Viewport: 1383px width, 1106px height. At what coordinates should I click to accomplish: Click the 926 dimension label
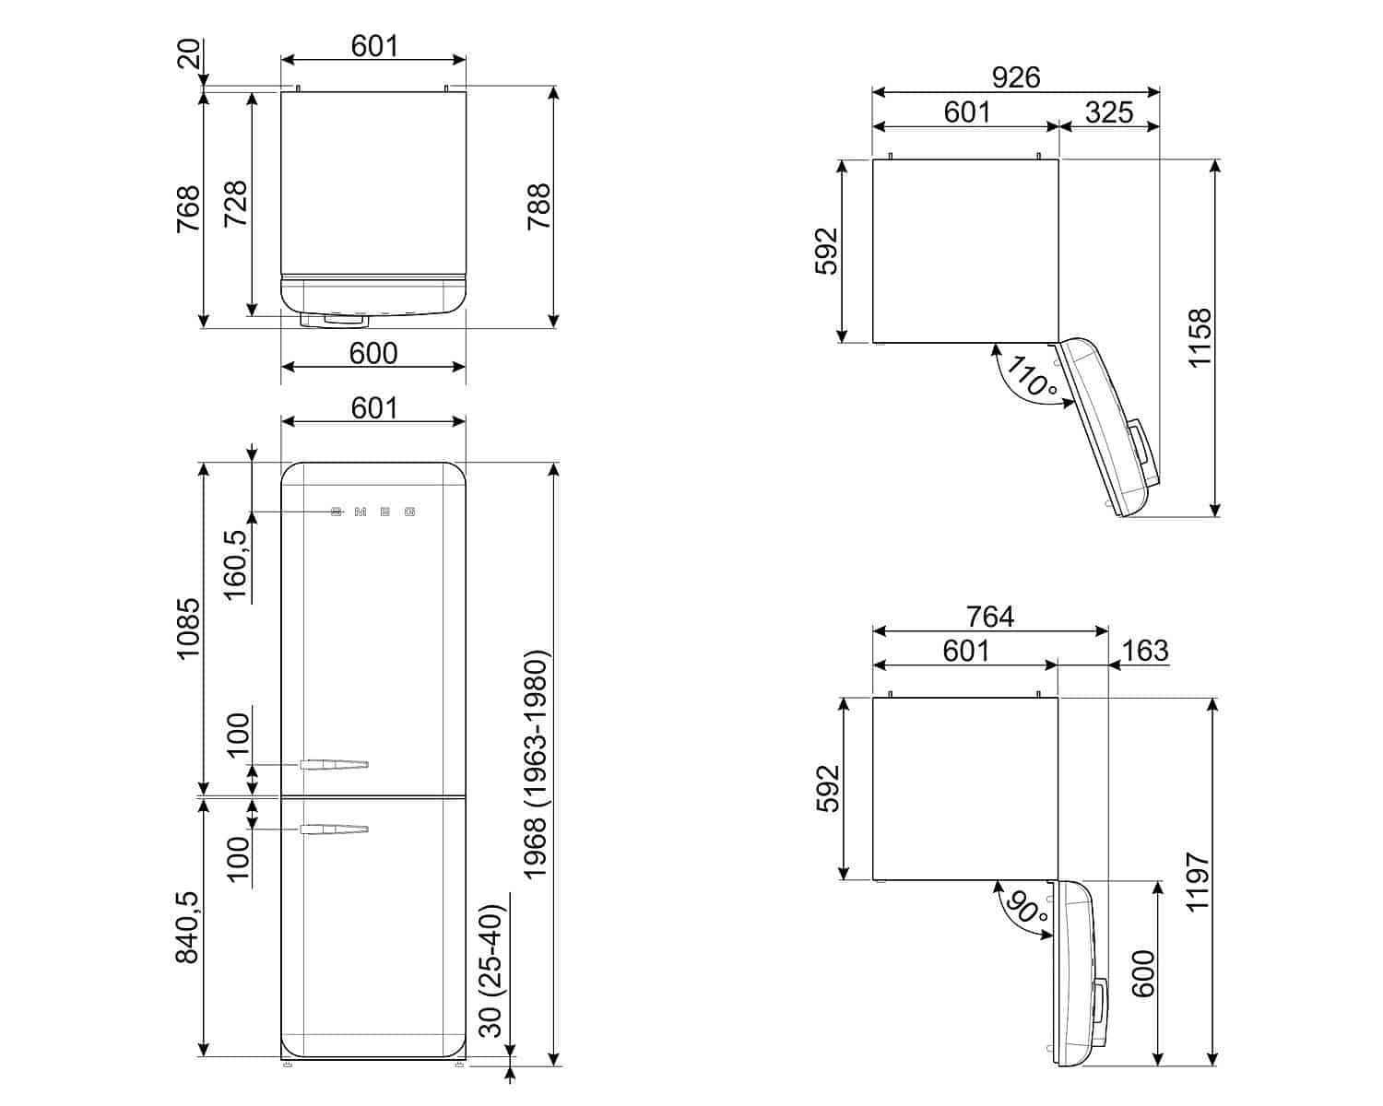[1015, 77]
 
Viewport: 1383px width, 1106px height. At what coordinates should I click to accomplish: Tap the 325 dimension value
[1109, 112]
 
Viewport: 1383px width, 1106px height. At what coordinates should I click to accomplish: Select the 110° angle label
[1032, 377]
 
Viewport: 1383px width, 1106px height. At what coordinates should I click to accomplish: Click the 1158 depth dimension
[1200, 338]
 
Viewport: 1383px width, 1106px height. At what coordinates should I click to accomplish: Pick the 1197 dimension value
[1199, 882]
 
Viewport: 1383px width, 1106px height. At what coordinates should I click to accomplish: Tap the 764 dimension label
[990, 617]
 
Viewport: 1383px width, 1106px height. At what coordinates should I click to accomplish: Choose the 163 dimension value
[1145, 651]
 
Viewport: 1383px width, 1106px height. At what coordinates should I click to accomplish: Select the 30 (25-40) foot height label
[491, 971]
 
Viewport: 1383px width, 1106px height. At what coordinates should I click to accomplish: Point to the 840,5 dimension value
[188, 927]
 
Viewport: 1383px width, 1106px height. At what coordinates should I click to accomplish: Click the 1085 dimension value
[189, 629]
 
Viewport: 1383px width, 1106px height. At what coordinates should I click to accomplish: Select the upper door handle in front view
[334, 765]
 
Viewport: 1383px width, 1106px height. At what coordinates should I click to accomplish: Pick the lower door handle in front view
[334, 829]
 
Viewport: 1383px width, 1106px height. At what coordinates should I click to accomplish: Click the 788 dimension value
[539, 207]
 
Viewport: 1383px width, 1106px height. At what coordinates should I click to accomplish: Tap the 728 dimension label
[236, 204]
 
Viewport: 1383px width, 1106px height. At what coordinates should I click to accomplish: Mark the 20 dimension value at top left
[189, 54]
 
